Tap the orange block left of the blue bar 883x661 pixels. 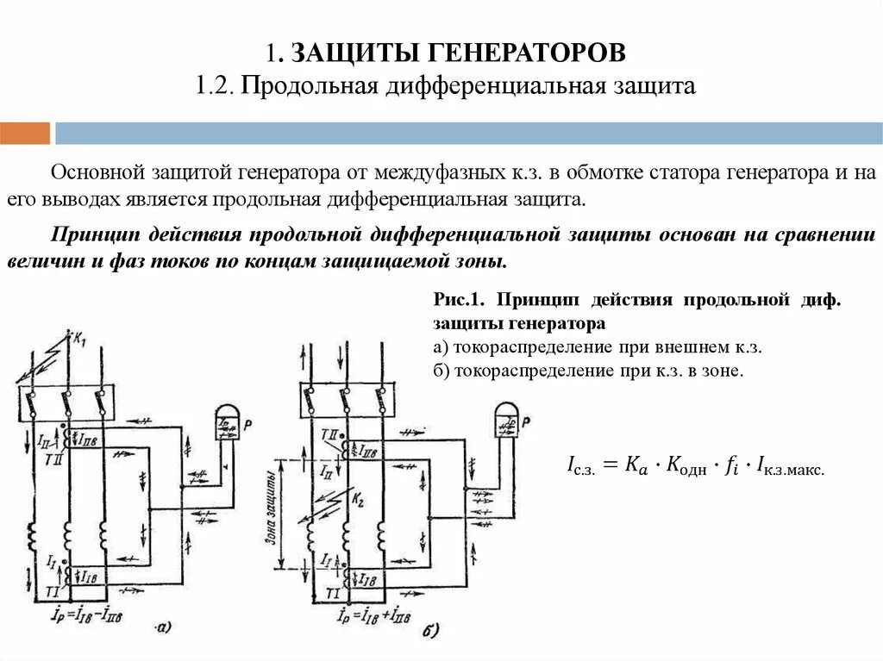click(x=25, y=134)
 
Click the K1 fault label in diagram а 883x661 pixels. click(x=80, y=340)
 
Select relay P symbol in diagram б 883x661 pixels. click(x=507, y=421)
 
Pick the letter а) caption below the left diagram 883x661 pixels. click(x=163, y=627)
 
